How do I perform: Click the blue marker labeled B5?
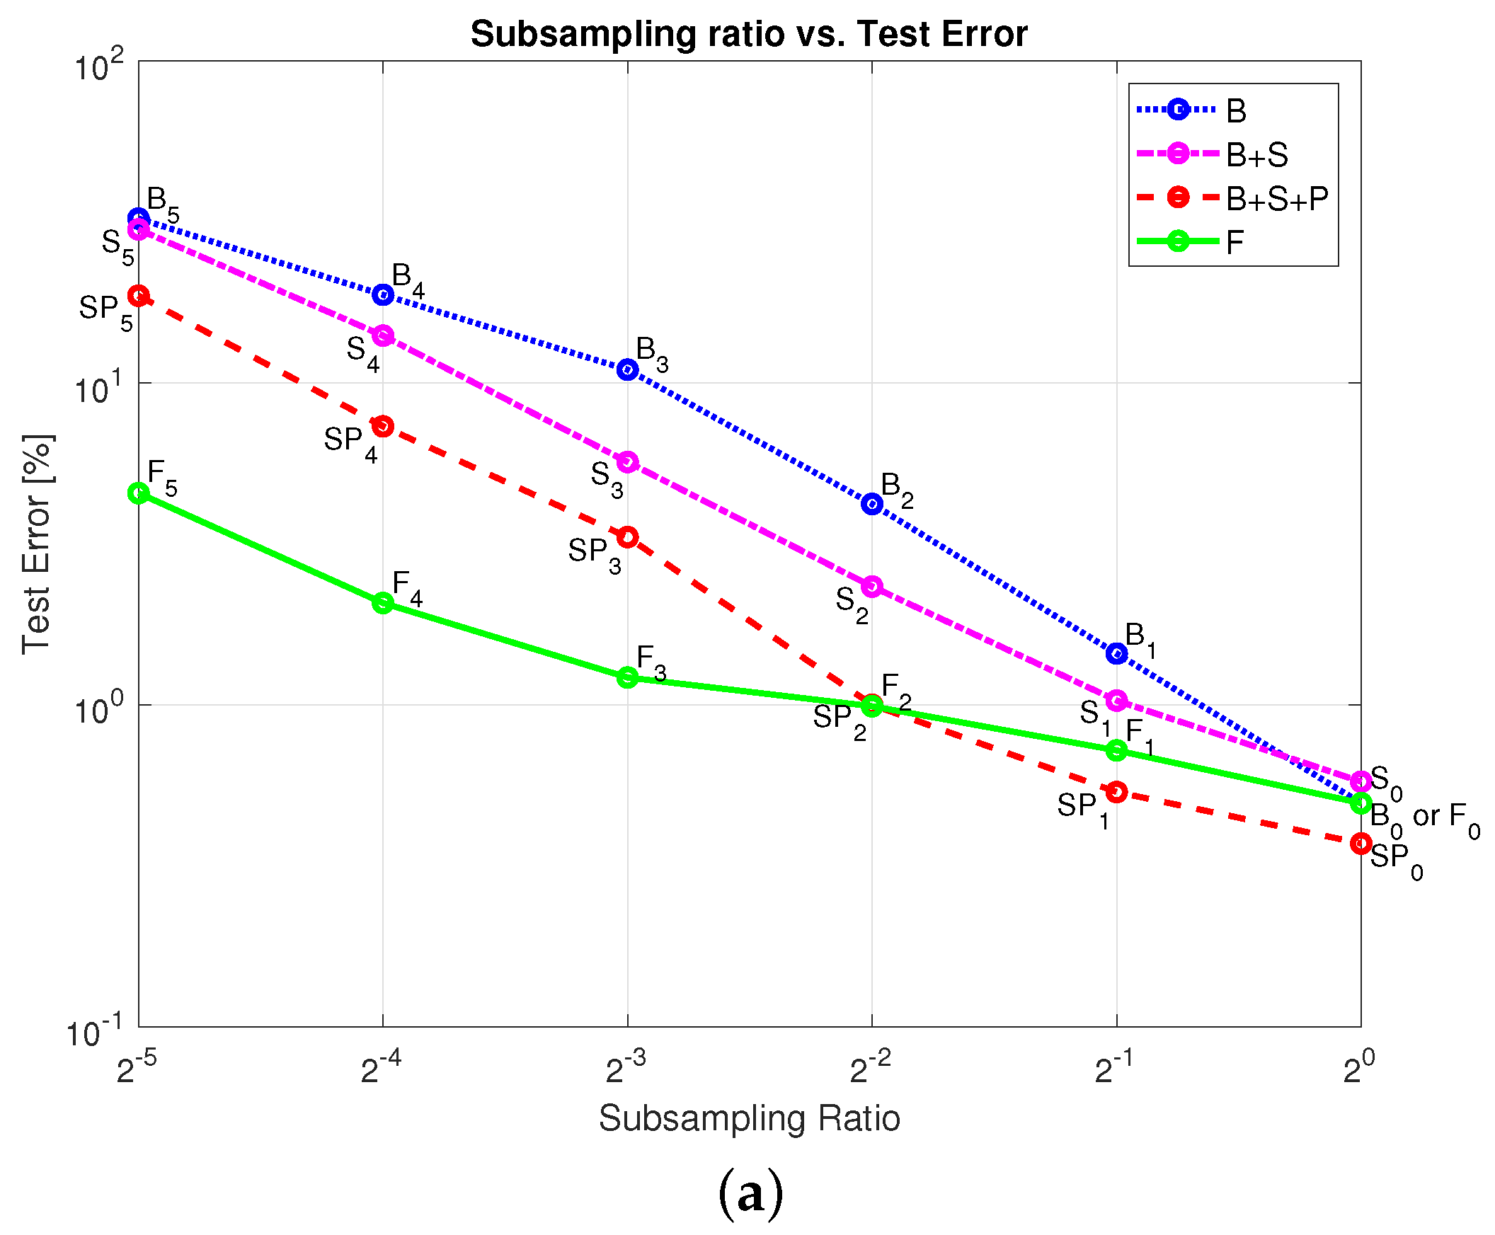(139, 219)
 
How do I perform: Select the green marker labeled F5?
(139, 493)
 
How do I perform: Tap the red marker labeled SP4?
(383, 426)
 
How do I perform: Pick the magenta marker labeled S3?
(627, 461)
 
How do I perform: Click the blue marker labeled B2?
(871, 504)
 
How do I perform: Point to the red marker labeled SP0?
(1361, 843)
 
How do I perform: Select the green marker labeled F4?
(383, 602)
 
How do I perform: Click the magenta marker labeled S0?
(1361, 781)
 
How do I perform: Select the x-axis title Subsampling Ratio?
(749, 1118)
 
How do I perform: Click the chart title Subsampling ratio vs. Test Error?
(749, 33)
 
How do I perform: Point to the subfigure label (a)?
(750, 1195)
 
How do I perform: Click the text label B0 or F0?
(1423, 818)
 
